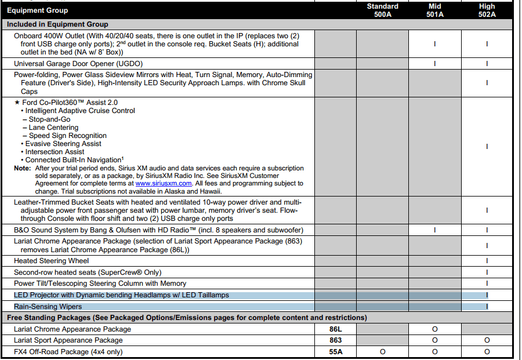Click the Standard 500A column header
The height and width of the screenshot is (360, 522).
point(382,10)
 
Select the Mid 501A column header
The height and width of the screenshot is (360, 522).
point(434,10)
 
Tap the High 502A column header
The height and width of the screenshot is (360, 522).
point(487,10)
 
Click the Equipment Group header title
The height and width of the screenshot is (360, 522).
point(37,10)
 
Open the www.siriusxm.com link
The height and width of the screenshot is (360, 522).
point(164,184)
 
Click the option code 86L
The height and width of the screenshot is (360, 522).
point(335,329)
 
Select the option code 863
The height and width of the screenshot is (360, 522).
point(335,340)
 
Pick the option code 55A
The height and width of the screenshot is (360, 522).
point(335,352)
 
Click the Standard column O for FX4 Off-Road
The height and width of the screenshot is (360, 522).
point(382,352)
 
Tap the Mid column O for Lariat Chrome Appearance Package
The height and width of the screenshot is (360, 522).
point(434,329)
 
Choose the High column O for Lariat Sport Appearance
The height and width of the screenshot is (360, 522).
point(487,340)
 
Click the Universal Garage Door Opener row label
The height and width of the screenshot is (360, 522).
point(78,64)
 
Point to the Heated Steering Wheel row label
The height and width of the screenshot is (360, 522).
point(52,261)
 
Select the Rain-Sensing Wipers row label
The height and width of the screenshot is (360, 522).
point(48,307)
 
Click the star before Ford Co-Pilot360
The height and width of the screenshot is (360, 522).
point(17,103)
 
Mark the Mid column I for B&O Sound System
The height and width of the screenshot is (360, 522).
point(434,230)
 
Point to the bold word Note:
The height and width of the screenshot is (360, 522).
point(23,168)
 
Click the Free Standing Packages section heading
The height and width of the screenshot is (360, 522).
point(186,318)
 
